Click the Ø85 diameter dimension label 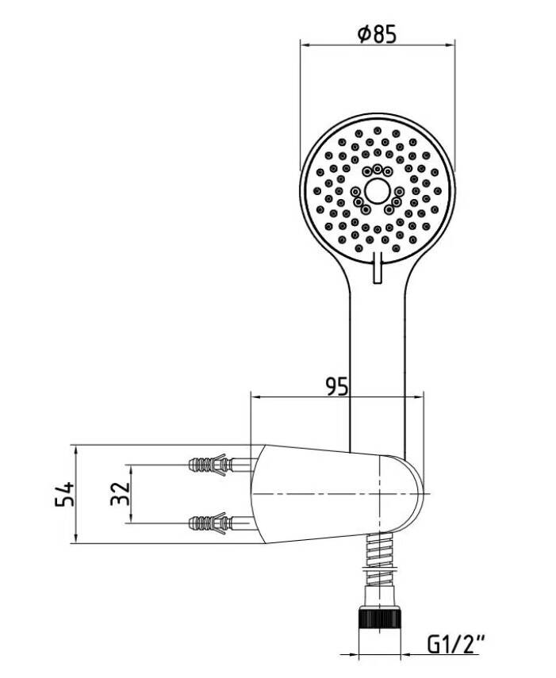(x=377, y=34)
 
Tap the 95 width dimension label (x=337, y=386)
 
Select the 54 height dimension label (x=65, y=493)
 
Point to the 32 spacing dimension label (x=121, y=493)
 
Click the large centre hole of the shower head (x=377, y=190)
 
